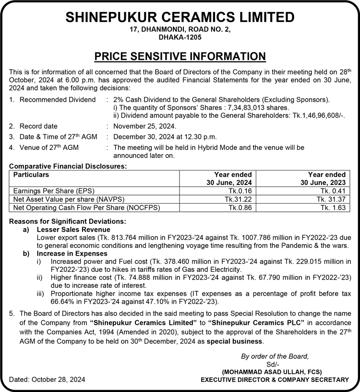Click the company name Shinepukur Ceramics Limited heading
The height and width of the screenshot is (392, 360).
tap(180, 17)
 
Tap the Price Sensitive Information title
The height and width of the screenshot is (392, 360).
tap(180, 56)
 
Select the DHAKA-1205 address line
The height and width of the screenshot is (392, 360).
tap(180, 37)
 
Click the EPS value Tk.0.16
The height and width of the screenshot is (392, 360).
tap(240, 191)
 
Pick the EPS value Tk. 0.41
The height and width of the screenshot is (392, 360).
tap(334, 191)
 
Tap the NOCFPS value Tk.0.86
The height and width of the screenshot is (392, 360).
tap(240, 208)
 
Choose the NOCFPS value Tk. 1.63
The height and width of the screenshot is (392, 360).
tap(334, 208)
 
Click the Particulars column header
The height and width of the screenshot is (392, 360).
tap(31, 175)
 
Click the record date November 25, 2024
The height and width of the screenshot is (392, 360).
tap(145, 126)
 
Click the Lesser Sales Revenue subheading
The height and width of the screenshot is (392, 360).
tap(68, 230)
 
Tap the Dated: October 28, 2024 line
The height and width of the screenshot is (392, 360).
tap(48, 380)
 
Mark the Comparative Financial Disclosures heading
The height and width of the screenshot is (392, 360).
tap(68, 166)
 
